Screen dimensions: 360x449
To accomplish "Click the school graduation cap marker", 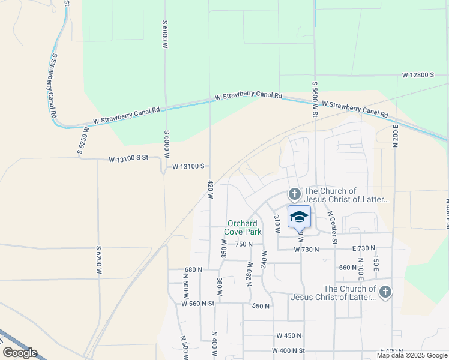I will pos(299,217).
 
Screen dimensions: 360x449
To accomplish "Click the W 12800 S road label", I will pos(418,75).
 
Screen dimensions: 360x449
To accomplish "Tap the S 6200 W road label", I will pos(99,260).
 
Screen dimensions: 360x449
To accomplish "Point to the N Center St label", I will pos(331,227).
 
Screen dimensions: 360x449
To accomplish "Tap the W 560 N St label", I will pos(198,304).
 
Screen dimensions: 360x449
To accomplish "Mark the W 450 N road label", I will pos(289,335).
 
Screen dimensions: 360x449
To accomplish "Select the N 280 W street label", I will pos(249,273).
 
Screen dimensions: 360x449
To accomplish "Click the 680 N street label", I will pos(194,270).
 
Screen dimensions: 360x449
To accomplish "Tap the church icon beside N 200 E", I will pos(385,292).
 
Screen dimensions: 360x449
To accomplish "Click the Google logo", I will pos(20,353).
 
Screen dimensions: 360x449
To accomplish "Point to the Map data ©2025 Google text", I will pos(412,355).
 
